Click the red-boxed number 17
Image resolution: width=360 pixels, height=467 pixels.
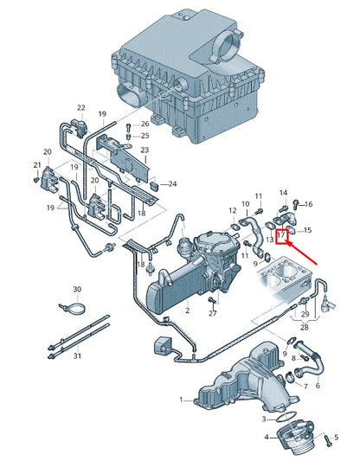click(282, 233)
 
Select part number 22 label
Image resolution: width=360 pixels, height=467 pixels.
click(81, 108)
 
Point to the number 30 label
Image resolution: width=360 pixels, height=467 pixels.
click(77, 289)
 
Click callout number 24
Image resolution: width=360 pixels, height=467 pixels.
click(172, 184)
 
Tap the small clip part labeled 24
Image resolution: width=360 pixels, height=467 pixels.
click(154, 183)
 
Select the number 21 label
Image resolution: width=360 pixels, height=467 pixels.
click(37, 165)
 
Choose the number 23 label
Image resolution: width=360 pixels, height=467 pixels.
click(145, 150)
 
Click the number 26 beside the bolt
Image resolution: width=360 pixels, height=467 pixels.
click(145, 123)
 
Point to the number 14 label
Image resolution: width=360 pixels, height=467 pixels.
click(283, 192)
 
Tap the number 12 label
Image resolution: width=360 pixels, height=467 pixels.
click(232, 211)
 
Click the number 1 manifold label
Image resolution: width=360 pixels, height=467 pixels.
click(182, 400)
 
